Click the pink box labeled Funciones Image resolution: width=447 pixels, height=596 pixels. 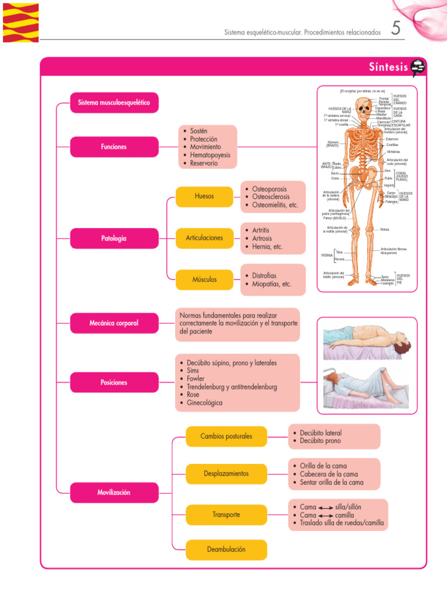(x=114, y=147)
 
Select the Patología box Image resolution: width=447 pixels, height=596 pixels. (x=114, y=238)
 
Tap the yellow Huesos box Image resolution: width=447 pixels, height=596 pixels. (x=204, y=196)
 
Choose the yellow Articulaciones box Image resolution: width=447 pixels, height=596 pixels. (x=204, y=238)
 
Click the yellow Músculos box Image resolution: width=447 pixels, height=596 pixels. (x=204, y=279)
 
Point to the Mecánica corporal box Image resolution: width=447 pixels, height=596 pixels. (x=114, y=323)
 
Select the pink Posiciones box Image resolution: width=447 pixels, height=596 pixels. (x=114, y=382)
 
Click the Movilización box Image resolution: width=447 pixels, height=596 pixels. (x=114, y=492)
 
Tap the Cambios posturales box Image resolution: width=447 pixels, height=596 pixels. (x=226, y=436)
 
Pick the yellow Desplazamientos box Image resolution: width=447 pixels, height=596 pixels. (x=226, y=474)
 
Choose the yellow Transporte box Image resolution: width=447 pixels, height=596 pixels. (x=226, y=515)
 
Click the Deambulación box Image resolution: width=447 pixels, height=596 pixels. (x=226, y=549)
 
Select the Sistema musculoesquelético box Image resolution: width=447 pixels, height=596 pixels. (x=114, y=103)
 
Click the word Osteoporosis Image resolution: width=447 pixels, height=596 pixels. (x=269, y=189)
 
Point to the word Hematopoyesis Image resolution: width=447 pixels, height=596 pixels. (x=210, y=155)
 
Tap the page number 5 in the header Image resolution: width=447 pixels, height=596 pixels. (x=396, y=29)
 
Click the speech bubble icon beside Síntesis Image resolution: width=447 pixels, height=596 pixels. (x=418, y=68)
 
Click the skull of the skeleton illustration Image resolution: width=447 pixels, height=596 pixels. (x=364, y=108)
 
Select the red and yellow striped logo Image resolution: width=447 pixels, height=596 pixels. (x=20, y=23)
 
